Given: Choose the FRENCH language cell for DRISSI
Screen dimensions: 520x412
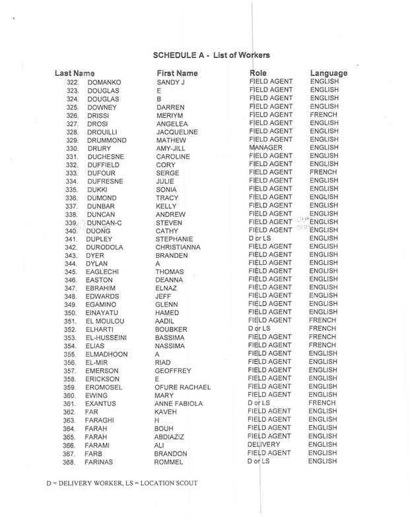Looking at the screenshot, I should point(323,115).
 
